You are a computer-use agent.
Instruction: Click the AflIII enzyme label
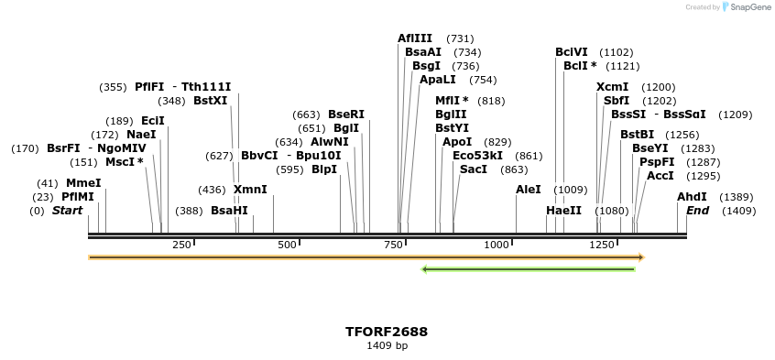(x=414, y=38)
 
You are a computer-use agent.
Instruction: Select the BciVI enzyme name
(x=572, y=52)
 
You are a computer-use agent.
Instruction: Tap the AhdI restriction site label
(x=692, y=197)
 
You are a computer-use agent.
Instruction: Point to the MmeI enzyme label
(x=83, y=183)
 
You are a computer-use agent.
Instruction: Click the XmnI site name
(x=250, y=190)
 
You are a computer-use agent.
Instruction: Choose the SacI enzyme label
(x=474, y=169)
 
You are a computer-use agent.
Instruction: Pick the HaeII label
(x=563, y=211)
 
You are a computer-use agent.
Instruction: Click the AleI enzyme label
(x=529, y=190)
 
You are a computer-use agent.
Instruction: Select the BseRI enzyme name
(x=346, y=115)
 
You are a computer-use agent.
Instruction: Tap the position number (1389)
(x=737, y=197)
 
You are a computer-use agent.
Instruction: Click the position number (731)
(x=460, y=38)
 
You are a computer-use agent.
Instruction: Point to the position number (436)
(x=212, y=190)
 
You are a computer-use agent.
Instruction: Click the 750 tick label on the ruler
(x=394, y=245)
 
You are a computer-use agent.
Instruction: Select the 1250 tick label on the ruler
(x=602, y=245)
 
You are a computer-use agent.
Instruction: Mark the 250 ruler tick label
(x=181, y=245)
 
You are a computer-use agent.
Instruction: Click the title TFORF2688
(x=387, y=332)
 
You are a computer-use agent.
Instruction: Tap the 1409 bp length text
(x=387, y=346)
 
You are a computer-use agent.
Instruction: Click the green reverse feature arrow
(x=528, y=269)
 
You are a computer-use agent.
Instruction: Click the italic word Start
(x=67, y=211)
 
